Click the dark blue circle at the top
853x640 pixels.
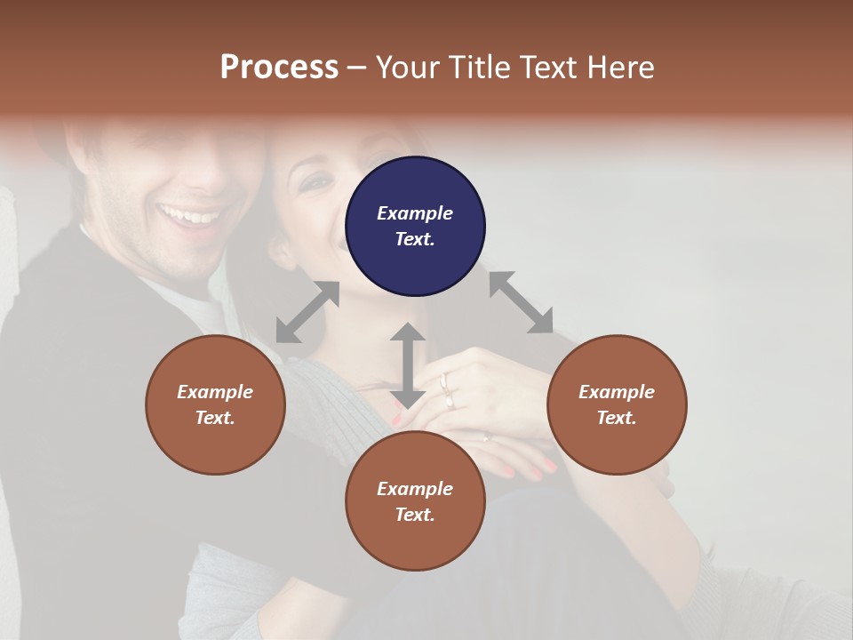(x=415, y=226)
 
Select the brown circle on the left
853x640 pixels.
(x=215, y=404)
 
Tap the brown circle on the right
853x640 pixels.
(x=617, y=404)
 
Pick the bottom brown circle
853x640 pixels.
(x=415, y=501)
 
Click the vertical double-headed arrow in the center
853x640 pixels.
(x=408, y=365)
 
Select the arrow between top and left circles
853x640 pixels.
(x=307, y=312)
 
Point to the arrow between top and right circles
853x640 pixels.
(x=521, y=302)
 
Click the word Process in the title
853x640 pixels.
(x=279, y=68)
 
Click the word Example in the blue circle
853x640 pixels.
(x=415, y=213)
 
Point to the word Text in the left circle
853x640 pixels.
(x=214, y=418)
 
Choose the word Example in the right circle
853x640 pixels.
(x=617, y=392)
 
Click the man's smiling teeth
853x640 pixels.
(x=188, y=216)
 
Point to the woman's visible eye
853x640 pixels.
(x=315, y=183)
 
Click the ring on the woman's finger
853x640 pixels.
(x=445, y=383)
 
